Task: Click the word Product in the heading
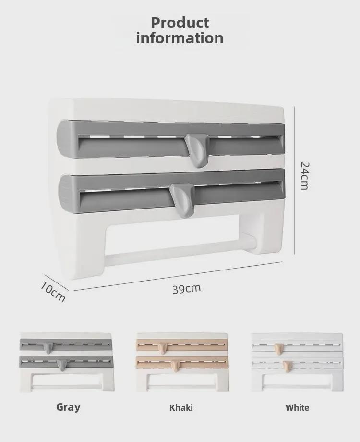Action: pos(180,23)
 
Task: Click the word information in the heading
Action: pos(180,38)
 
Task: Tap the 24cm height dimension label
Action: pos(304,176)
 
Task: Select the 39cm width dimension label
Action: pos(187,289)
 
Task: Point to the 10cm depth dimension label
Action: pos(53,292)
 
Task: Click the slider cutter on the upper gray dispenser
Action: pos(197,150)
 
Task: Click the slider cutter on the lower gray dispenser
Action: pos(182,200)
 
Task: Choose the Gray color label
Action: pos(69,407)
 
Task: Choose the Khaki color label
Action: pos(181,407)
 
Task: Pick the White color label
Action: pos(297,407)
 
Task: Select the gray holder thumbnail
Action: pos(67,362)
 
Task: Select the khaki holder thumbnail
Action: pos(182,363)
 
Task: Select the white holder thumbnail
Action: pos(297,363)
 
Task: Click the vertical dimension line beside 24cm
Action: pos(294,181)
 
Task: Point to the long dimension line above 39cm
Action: pos(178,276)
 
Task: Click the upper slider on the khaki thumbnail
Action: pos(162,348)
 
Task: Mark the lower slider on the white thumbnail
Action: pos(288,366)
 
